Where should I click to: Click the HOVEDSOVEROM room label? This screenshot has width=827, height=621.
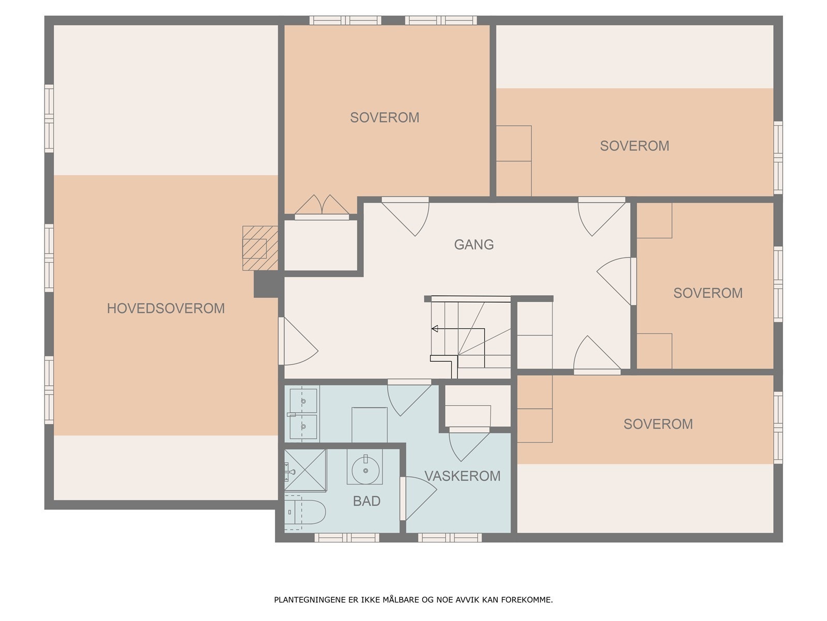(165, 308)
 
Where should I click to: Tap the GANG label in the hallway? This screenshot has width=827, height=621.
(473, 244)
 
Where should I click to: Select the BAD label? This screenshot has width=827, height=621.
(366, 501)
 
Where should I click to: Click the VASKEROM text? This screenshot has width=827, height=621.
(462, 476)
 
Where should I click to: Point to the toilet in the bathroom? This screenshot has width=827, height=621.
(305, 512)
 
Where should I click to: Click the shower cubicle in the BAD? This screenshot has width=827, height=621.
(305, 470)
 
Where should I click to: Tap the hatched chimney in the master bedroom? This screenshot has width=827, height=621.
(260, 248)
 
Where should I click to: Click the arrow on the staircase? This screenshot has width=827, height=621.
(435, 329)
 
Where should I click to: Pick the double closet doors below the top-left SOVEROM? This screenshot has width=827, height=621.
(321, 205)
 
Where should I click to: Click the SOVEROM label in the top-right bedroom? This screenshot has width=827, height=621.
(634, 146)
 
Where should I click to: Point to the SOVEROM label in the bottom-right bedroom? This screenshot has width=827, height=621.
(657, 424)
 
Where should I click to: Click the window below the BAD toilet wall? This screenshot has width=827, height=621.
(347, 538)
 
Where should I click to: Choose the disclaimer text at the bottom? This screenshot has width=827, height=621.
(413, 600)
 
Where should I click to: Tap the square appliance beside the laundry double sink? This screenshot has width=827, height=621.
(369, 424)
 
